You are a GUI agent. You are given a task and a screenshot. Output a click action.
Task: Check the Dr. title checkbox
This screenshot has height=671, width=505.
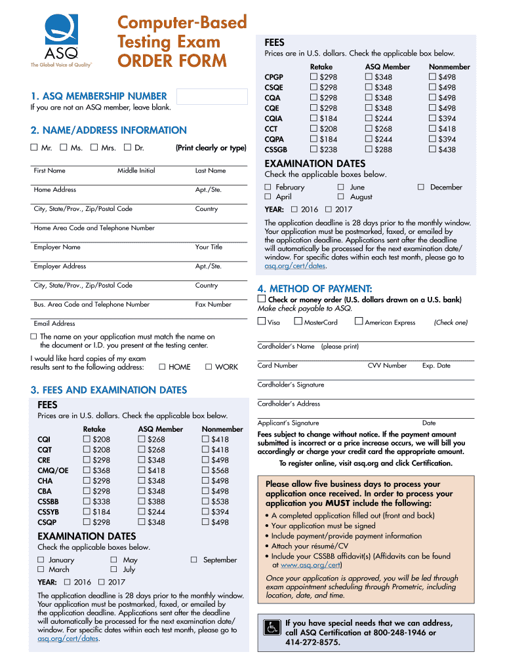(x=127, y=148)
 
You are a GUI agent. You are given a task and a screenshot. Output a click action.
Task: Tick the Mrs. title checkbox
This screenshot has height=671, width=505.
(x=94, y=148)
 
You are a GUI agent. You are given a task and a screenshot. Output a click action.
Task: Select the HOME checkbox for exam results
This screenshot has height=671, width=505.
(x=163, y=367)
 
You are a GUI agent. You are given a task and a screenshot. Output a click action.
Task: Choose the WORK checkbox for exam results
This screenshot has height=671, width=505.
(x=209, y=367)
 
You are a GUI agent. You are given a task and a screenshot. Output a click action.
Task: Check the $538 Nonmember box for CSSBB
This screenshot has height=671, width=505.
(x=206, y=501)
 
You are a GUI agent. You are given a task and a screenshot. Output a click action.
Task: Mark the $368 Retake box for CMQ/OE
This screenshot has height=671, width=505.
(x=87, y=470)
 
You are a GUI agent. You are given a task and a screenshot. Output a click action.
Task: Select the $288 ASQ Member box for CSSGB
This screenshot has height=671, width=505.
(x=369, y=149)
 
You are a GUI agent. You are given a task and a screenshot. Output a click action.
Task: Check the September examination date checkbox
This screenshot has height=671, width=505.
(x=195, y=560)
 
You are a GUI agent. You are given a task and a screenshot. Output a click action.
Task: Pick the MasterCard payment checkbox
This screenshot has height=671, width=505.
(x=298, y=322)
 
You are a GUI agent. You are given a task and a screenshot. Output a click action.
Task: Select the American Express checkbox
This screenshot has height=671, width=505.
(x=358, y=322)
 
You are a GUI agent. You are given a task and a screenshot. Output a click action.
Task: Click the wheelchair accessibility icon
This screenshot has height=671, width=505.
(x=271, y=627)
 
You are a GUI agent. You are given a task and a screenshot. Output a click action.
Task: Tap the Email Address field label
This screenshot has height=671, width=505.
(x=54, y=323)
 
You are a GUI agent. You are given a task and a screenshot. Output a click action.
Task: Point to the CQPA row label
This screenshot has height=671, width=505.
(x=274, y=139)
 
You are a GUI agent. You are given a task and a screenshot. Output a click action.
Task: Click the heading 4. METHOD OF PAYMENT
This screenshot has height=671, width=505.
(x=315, y=289)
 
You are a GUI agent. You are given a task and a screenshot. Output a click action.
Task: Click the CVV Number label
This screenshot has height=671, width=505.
(x=387, y=366)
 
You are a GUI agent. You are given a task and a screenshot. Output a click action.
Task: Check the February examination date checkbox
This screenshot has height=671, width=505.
(x=268, y=187)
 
